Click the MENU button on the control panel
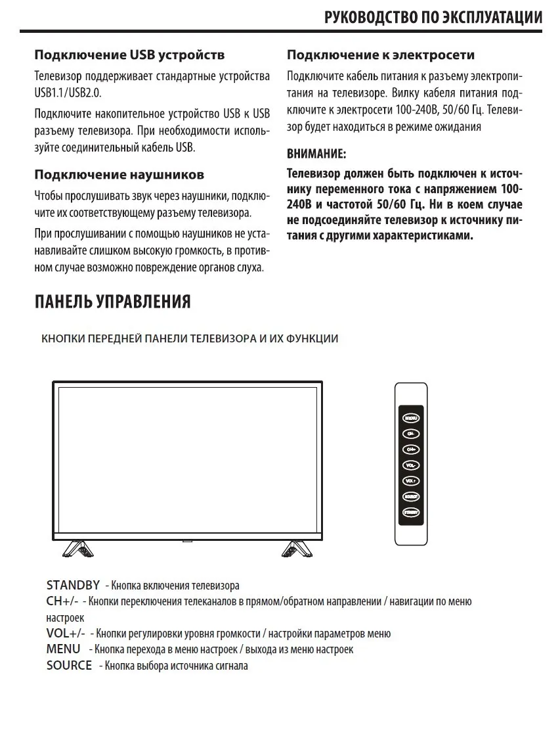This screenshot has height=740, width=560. (411, 417)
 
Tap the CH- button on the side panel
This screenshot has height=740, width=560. (411, 434)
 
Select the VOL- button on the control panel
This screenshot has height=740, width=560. (411, 465)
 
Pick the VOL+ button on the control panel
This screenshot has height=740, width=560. (411, 481)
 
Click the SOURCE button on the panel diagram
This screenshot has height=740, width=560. (411, 497)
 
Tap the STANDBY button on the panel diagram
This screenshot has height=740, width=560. (411, 513)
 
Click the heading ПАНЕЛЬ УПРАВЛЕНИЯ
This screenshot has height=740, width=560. (112, 302)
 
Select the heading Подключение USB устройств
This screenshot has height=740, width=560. (129, 54)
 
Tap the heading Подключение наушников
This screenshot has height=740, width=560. (119, 175)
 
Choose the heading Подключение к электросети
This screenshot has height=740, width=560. (381, 54)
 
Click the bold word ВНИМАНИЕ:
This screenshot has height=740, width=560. (316, 154)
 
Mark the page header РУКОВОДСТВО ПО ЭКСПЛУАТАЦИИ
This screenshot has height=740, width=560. (433, 17)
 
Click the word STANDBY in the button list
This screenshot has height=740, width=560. (73, 585)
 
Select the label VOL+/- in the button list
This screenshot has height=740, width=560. (66, 634)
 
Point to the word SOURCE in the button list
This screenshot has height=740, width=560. (69, 666)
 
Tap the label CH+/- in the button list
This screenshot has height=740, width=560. (62, 601)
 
